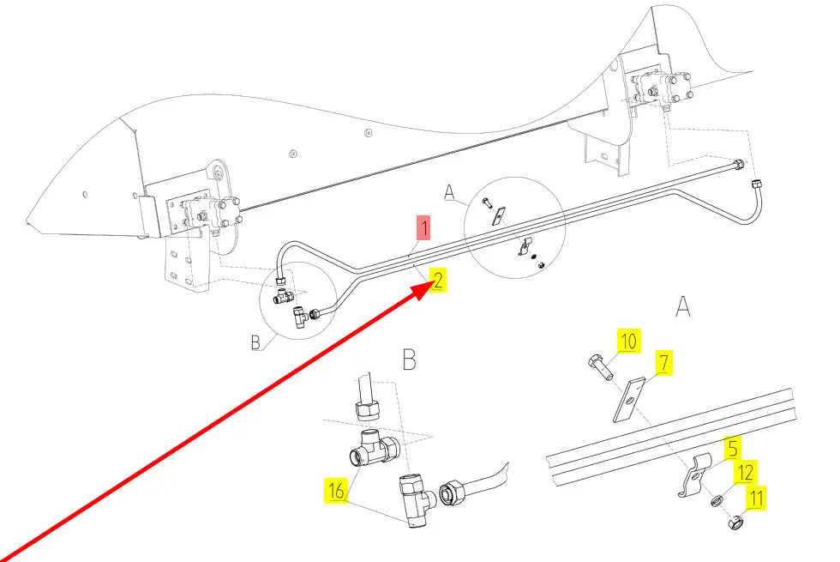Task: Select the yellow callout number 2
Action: (x=438, y=280)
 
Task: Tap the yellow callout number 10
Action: (x=628, y=341)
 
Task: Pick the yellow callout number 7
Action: (x=663, y=363)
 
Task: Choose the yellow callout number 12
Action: (x=747, y=472)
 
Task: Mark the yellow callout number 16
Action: (x=335, y=491)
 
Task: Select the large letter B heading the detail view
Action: (x=409, y=360)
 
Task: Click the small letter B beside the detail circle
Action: (x=255, y=343)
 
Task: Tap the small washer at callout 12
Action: (x=715, y=500)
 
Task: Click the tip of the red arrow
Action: (x=429, y=289)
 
